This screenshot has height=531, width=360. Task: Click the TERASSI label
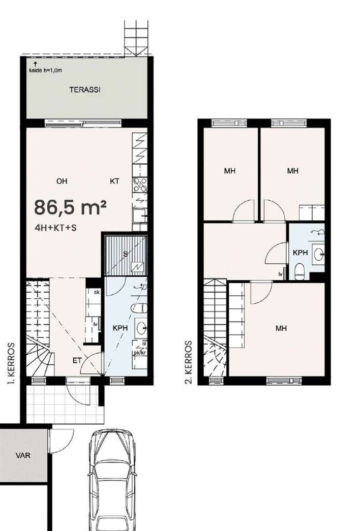point(85,90)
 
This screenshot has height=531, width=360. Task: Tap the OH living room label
point(62,181)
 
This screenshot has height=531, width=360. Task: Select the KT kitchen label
point(114,181)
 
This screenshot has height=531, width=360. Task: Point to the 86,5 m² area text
point(71,207)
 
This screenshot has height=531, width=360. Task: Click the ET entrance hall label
point(77,360)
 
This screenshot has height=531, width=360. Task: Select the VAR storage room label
point(23,455)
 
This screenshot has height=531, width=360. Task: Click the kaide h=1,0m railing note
point(45,71)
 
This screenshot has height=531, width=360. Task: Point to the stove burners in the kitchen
point(140,185)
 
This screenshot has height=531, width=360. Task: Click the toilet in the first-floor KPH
point(139,308)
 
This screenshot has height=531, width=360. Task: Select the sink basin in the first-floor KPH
point(141,328)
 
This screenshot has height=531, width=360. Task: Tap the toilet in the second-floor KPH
point(300,271)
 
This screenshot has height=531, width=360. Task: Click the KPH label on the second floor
point(301,253)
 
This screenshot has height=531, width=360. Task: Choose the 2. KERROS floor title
point(189,362)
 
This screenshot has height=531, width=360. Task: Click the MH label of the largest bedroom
point(281,328)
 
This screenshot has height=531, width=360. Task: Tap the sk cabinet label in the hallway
point(97,292)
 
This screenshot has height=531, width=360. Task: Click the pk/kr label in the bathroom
point(140,353)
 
